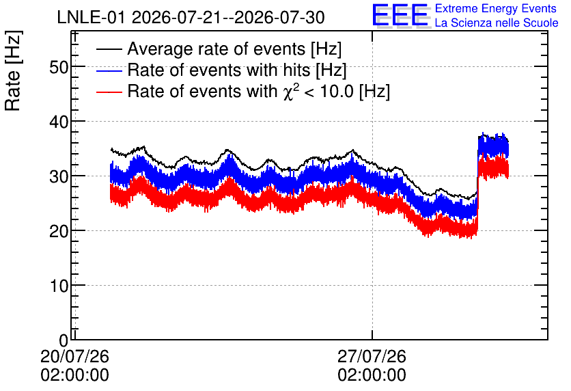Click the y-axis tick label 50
pyautogui.click(x=59, y=67)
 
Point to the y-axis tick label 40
pyautogui.click(x=59, y=122)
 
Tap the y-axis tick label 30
pyautogui.click(x=59, y=177)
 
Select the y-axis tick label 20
pyautogui.click(x=59, y=232)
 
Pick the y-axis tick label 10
pyautogui.click(x=59, y=286)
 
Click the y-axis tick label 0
pyautogui.click(x=64, y=340)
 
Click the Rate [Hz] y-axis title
pyautogui.click(x=13, y=70)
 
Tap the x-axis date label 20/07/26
pyautogui.click(x=74, y=356)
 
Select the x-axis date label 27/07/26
pyautogui.click(x=372, y=356)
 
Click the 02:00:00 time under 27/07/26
pyautogui.click(x=372, y=375)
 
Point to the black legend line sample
pyautogui.click(x=109, y=49)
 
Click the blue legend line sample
pyautogui.click(x=109, y=70)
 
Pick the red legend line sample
pyautogui.click(x=109, y=92)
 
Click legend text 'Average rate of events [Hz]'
pyautogui.click(x=234, y=49)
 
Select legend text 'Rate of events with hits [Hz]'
pyautogui.click(x=237, y=70)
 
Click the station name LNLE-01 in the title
pyautogui.click(x=91, y=18)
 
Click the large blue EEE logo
pyautogui.click(x=400, y=15)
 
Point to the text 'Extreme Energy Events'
pyautogui.click(x=496, y=8)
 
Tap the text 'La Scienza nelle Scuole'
pyautogui.click(x=497, y=23)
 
